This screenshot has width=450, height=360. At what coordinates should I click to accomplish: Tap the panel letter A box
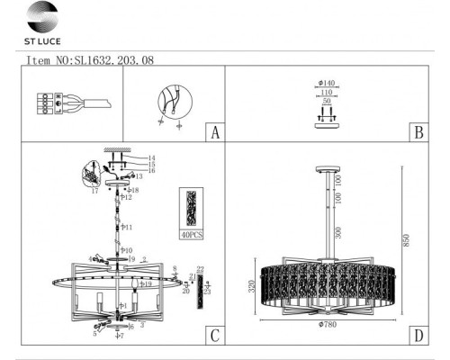click(213, 133)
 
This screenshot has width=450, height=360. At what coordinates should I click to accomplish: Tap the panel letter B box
click(417, 133)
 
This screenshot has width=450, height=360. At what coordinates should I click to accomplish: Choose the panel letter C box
click(213, 337)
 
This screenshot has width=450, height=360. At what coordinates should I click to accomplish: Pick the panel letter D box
click(417, 337)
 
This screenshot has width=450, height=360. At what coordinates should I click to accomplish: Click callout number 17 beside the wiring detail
click(93, 191)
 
